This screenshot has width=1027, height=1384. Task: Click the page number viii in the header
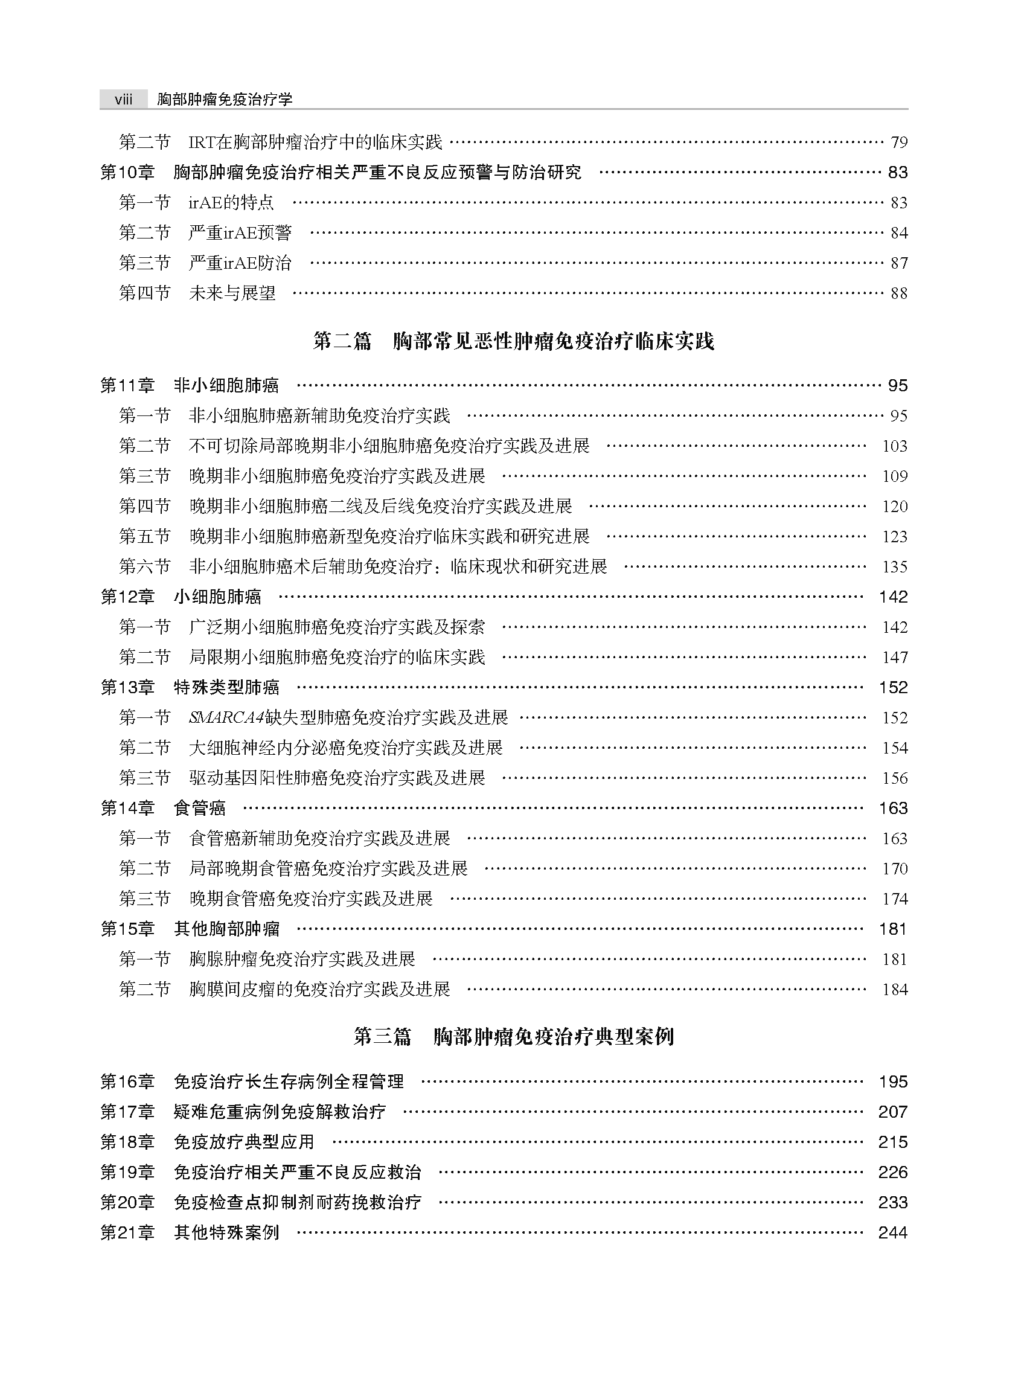123,100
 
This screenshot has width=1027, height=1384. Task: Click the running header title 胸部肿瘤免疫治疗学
225,100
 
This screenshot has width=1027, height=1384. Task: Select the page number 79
899,143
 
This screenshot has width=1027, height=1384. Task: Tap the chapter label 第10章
127,172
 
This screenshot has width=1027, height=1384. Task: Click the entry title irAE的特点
231,203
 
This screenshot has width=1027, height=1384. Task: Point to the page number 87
899,263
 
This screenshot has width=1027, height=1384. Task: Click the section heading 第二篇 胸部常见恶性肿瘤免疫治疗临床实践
513,341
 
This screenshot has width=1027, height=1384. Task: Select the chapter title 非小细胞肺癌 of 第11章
226,385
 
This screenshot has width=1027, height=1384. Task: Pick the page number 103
895,446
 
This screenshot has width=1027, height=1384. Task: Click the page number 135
895,566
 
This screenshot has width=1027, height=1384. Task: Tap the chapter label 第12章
127,597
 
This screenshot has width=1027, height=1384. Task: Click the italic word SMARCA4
226,717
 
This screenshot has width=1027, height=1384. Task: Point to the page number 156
895,778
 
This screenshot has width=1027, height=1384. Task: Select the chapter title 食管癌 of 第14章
200,809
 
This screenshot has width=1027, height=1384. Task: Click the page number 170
895,868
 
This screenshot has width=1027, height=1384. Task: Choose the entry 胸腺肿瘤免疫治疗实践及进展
302,960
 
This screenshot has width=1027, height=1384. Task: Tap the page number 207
893,1112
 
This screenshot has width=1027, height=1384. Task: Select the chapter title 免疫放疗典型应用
244,1142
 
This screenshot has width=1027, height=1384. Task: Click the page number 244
893,1232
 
